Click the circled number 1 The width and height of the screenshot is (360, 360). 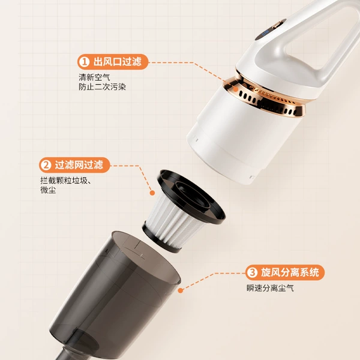(84, 62)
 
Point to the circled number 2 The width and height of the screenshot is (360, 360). (46, 165)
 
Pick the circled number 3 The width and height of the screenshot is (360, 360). (252, 272)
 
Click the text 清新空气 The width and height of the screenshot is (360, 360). (94, 77)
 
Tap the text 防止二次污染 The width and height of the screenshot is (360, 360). (103, 87)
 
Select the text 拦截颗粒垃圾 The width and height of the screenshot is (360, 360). (64, 181)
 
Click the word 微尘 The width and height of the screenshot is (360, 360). (48, 190)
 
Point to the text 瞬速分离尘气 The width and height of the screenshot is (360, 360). (270, 288)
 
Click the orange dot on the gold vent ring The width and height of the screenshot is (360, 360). (235, 89)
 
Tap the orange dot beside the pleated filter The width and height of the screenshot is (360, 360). (152, 193)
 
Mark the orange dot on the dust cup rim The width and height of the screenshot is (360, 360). (181, 290)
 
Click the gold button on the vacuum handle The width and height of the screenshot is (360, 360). (278, 23)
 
